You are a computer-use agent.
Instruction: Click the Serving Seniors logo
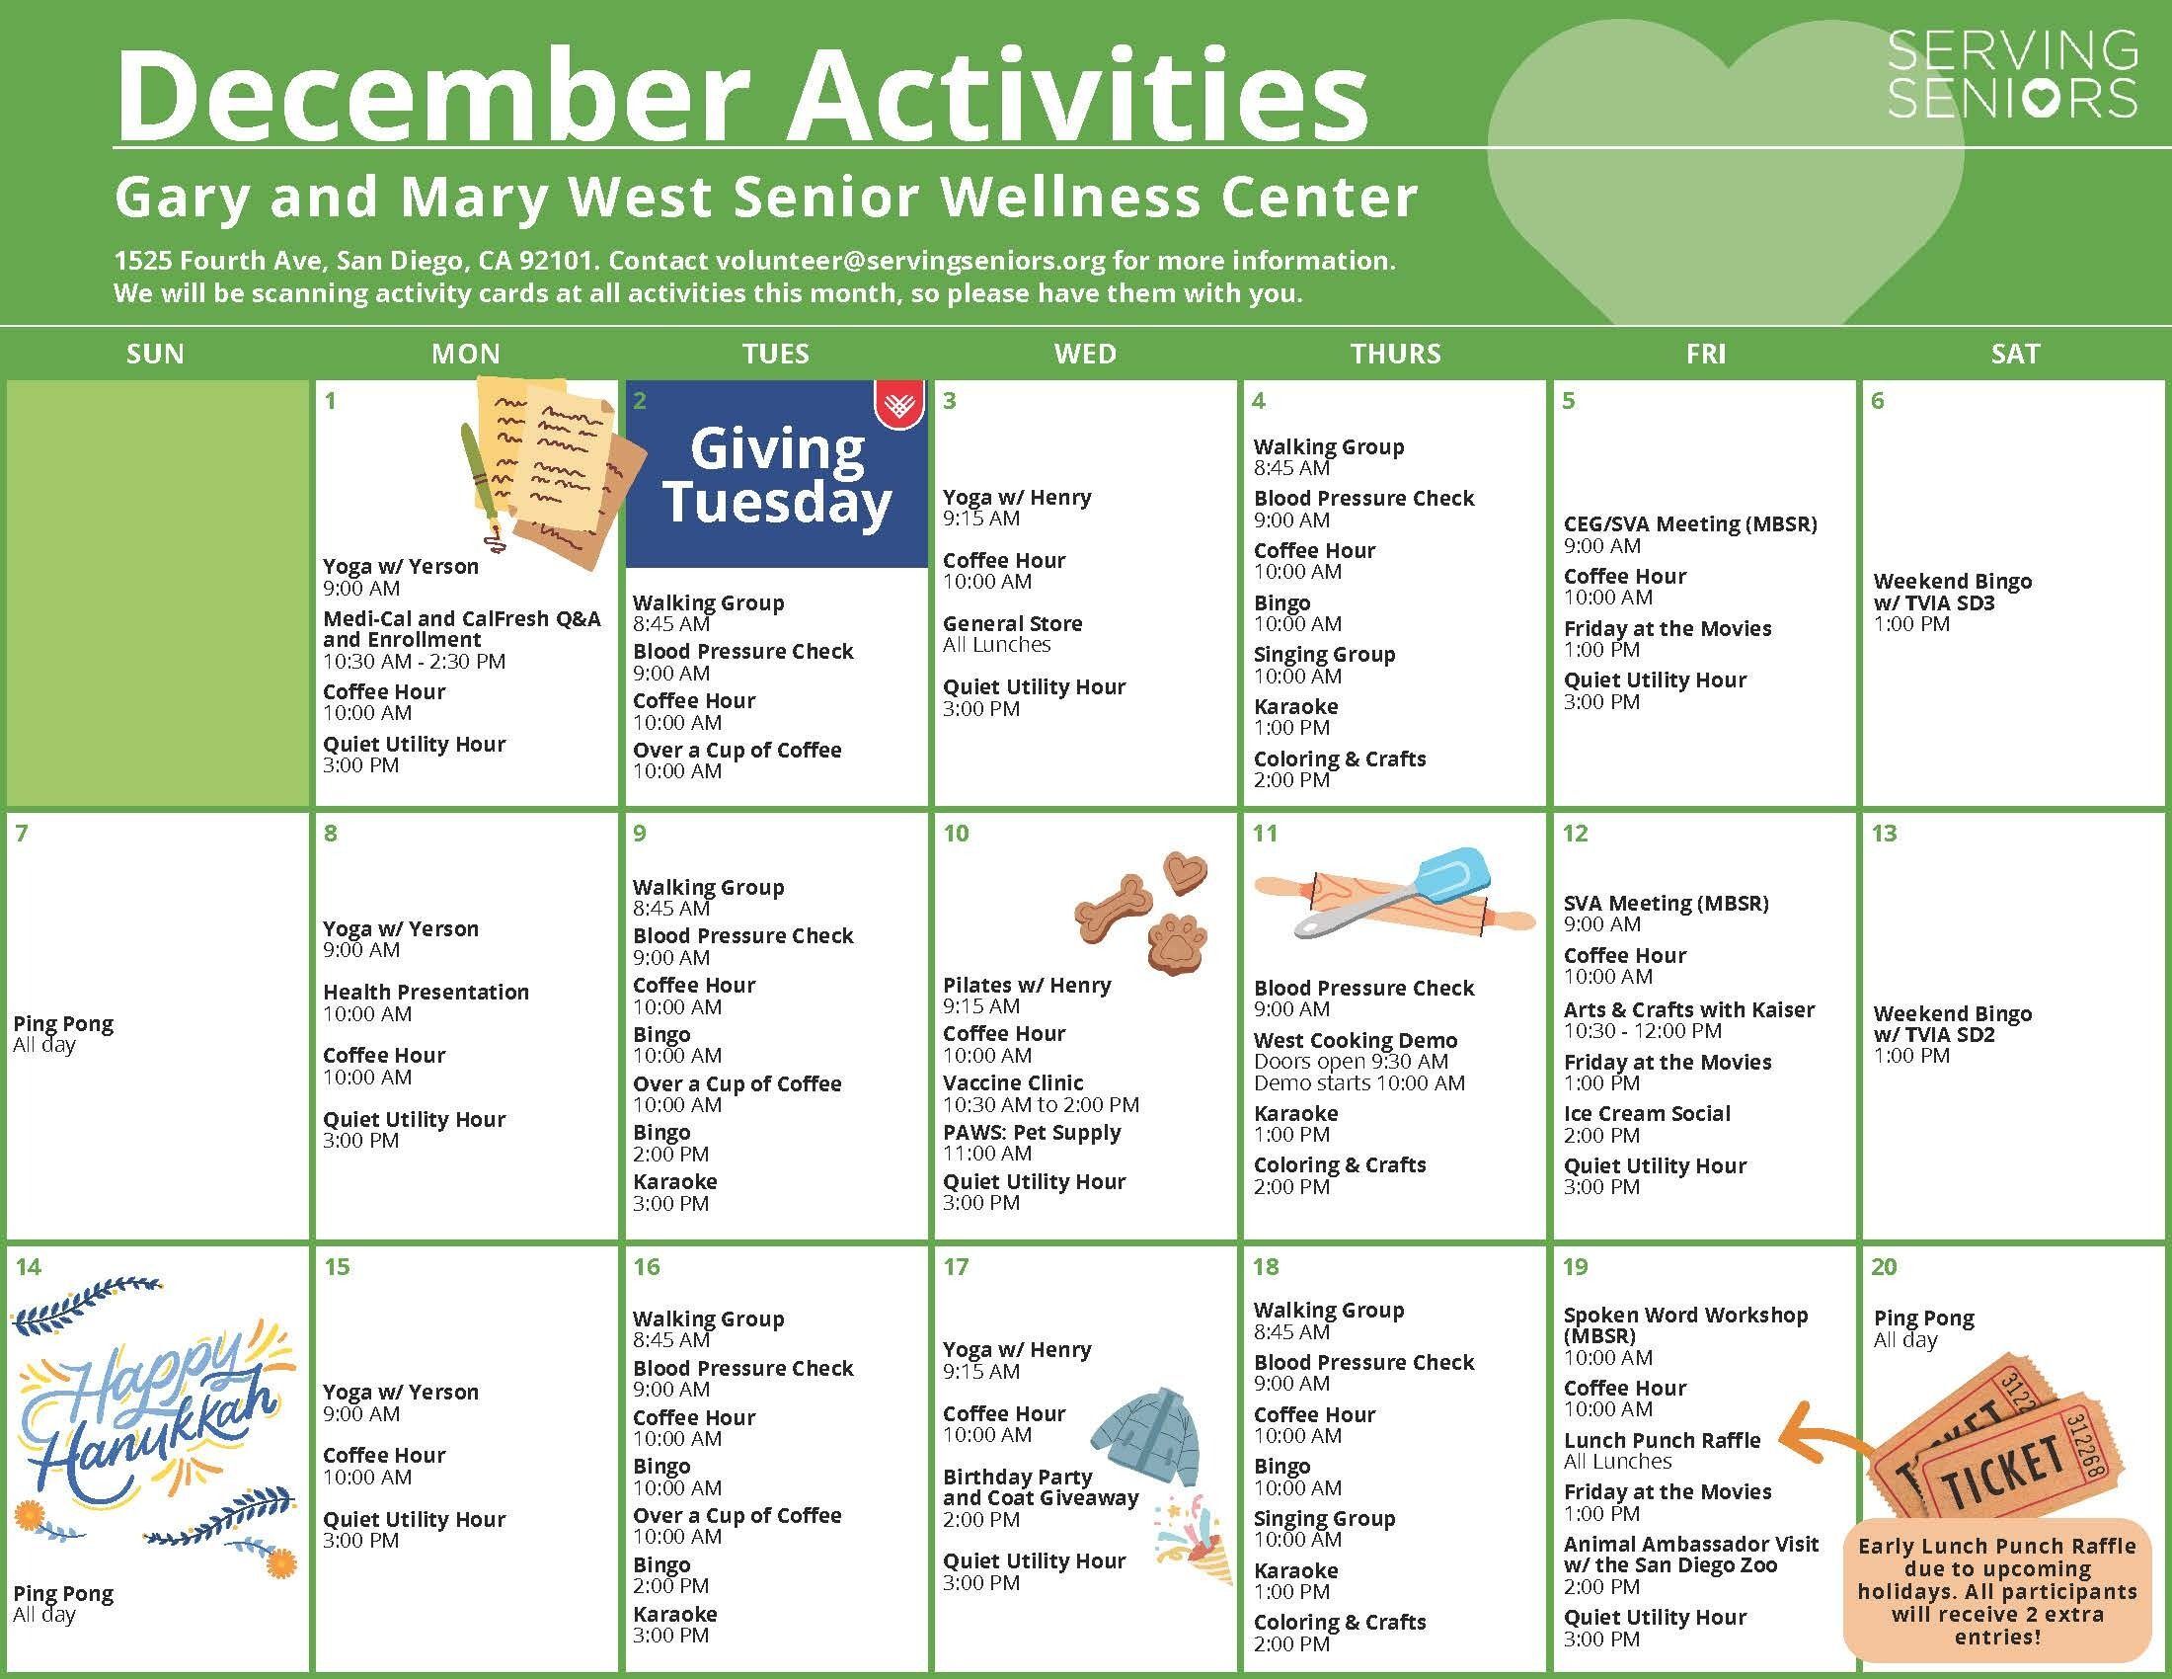click(2012, 75)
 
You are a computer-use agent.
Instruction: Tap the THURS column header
click(1394, 354)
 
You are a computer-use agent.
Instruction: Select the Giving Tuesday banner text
click(777, 474)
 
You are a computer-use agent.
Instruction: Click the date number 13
click(1885, 834)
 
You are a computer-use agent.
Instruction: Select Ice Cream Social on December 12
click(1647, 1114)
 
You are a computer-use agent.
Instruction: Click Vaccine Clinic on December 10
click(1013, 1083)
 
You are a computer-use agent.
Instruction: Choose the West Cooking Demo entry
click(1356, 1040)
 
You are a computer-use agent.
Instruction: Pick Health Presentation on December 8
click(426, 993)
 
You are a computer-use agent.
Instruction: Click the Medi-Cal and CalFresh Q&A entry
click(461, 628)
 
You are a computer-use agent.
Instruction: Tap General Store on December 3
click(1012, 623)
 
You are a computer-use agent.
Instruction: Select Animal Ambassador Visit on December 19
click(1690, 1555)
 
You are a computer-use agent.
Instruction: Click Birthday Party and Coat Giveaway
click(1041, 1488)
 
